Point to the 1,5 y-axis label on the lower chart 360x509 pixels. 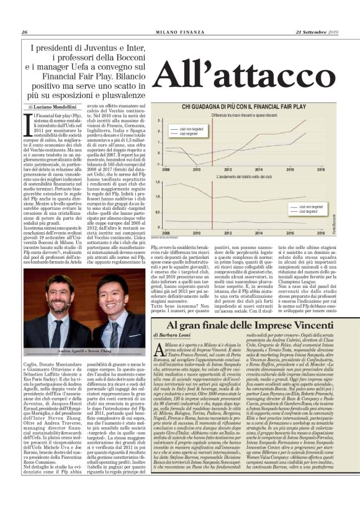[157, 182]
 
